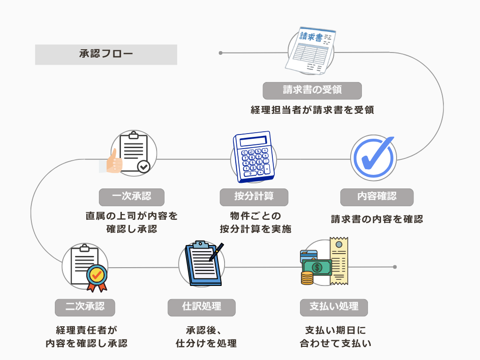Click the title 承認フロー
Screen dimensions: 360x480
[106, 54]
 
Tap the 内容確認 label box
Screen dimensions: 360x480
[376, 197]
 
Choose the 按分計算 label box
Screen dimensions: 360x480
[254, 197]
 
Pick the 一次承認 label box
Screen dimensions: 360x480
[132, 197]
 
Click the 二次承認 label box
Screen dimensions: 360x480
[85, 307]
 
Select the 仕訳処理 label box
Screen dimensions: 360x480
[202, 307]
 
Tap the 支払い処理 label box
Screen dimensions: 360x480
[334, 307]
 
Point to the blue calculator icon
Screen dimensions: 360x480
[254, 157]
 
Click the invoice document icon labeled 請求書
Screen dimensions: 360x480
[310, 50]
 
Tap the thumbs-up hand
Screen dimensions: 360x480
[112, 162]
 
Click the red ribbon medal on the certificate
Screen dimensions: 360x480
[97, 277]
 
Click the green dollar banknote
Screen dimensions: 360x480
[317, 268]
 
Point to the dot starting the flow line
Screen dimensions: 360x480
[220, 53]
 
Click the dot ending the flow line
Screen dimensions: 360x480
[395, 267]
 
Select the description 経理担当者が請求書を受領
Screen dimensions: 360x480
[312, 110]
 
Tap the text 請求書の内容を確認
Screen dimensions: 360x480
[376, 219]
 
